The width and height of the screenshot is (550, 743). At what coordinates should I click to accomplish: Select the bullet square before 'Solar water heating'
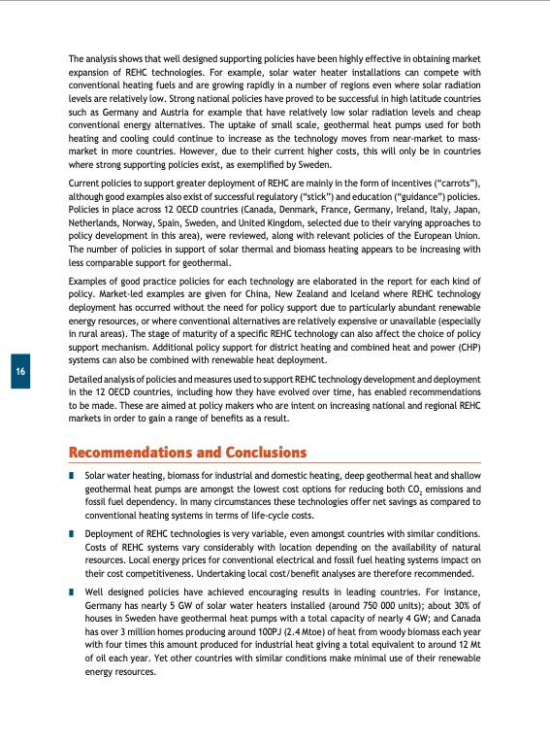(x=72, y=477)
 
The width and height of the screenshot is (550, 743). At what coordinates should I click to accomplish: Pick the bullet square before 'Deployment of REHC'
(x=72, y=534)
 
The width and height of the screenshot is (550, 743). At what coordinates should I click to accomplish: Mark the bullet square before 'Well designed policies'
(x=72, y=591)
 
